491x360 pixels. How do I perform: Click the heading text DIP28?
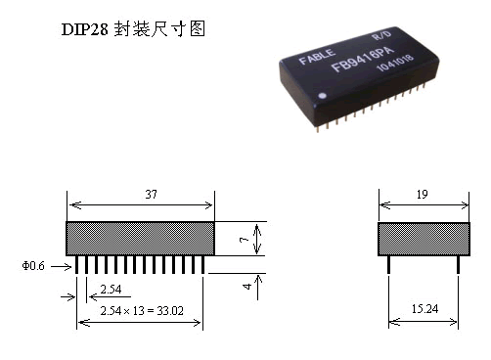[85, 30]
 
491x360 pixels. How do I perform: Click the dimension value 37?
[151, 195]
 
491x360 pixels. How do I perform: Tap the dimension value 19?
[422, 195]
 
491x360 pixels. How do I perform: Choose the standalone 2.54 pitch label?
[110, 290]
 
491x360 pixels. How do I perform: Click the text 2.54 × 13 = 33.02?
[142, 310]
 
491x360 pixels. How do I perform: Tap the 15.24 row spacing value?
[423, 309]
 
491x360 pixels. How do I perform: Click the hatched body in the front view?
[140, 239]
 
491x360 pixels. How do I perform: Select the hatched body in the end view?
[422, 239]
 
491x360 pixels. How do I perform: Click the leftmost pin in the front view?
[78, 265]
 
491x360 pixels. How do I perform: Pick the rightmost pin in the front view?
[202, 265]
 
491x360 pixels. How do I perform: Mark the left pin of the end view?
[388, 265]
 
